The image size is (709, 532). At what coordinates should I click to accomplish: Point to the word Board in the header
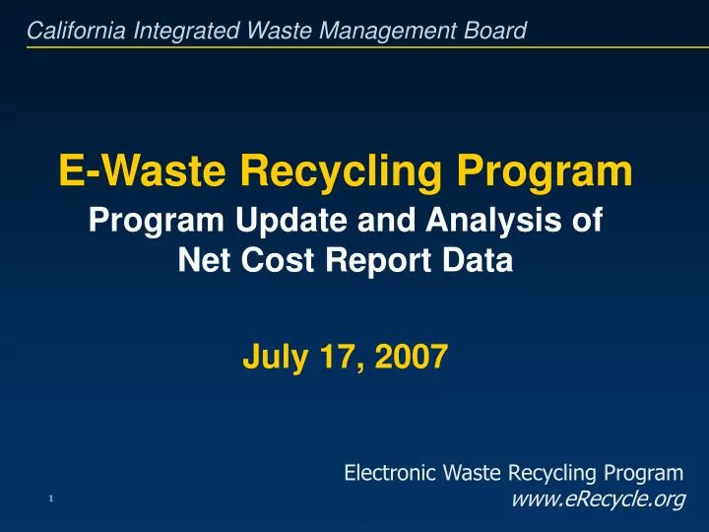pyautogui.click(x=498, y=32)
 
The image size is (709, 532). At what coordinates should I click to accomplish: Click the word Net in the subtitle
pyautogui.click(x=200, y=260)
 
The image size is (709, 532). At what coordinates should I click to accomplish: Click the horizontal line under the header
pyautogui.click(x=354, y=45)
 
